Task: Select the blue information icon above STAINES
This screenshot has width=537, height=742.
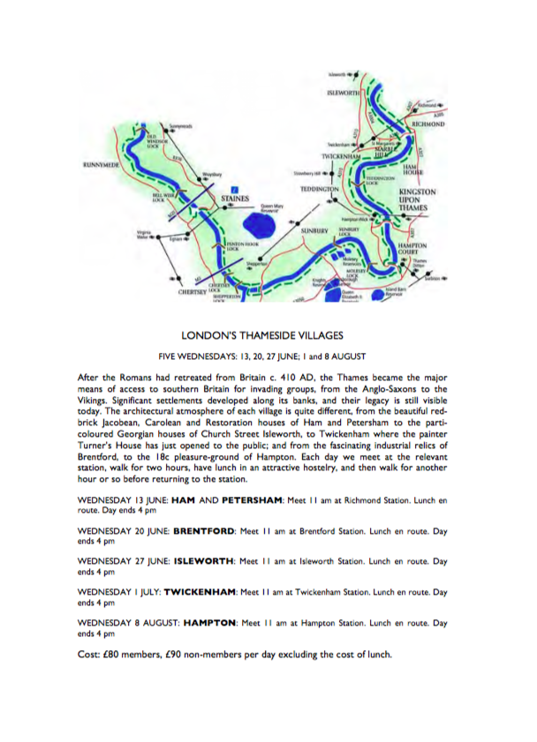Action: (x=233, y=189)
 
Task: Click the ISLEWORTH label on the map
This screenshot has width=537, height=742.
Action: (x=342, y=92)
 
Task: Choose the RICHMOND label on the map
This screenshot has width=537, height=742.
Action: (x=428, y=124)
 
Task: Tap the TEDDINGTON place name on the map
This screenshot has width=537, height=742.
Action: (x=320, y=190)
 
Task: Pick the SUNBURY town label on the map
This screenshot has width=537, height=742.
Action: (x=314, y=229)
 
